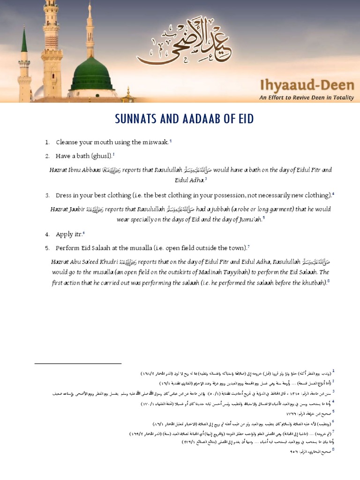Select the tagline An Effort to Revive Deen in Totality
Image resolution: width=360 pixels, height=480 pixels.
pos(307,98)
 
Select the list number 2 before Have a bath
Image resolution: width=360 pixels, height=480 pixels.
pos(47,156)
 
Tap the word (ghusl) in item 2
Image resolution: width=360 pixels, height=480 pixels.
pos(101,156)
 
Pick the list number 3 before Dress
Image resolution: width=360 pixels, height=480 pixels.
pos(47,195)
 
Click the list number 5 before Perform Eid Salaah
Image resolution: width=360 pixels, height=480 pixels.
pos(47,247)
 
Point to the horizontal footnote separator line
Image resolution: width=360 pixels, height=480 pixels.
pos(78,363)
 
